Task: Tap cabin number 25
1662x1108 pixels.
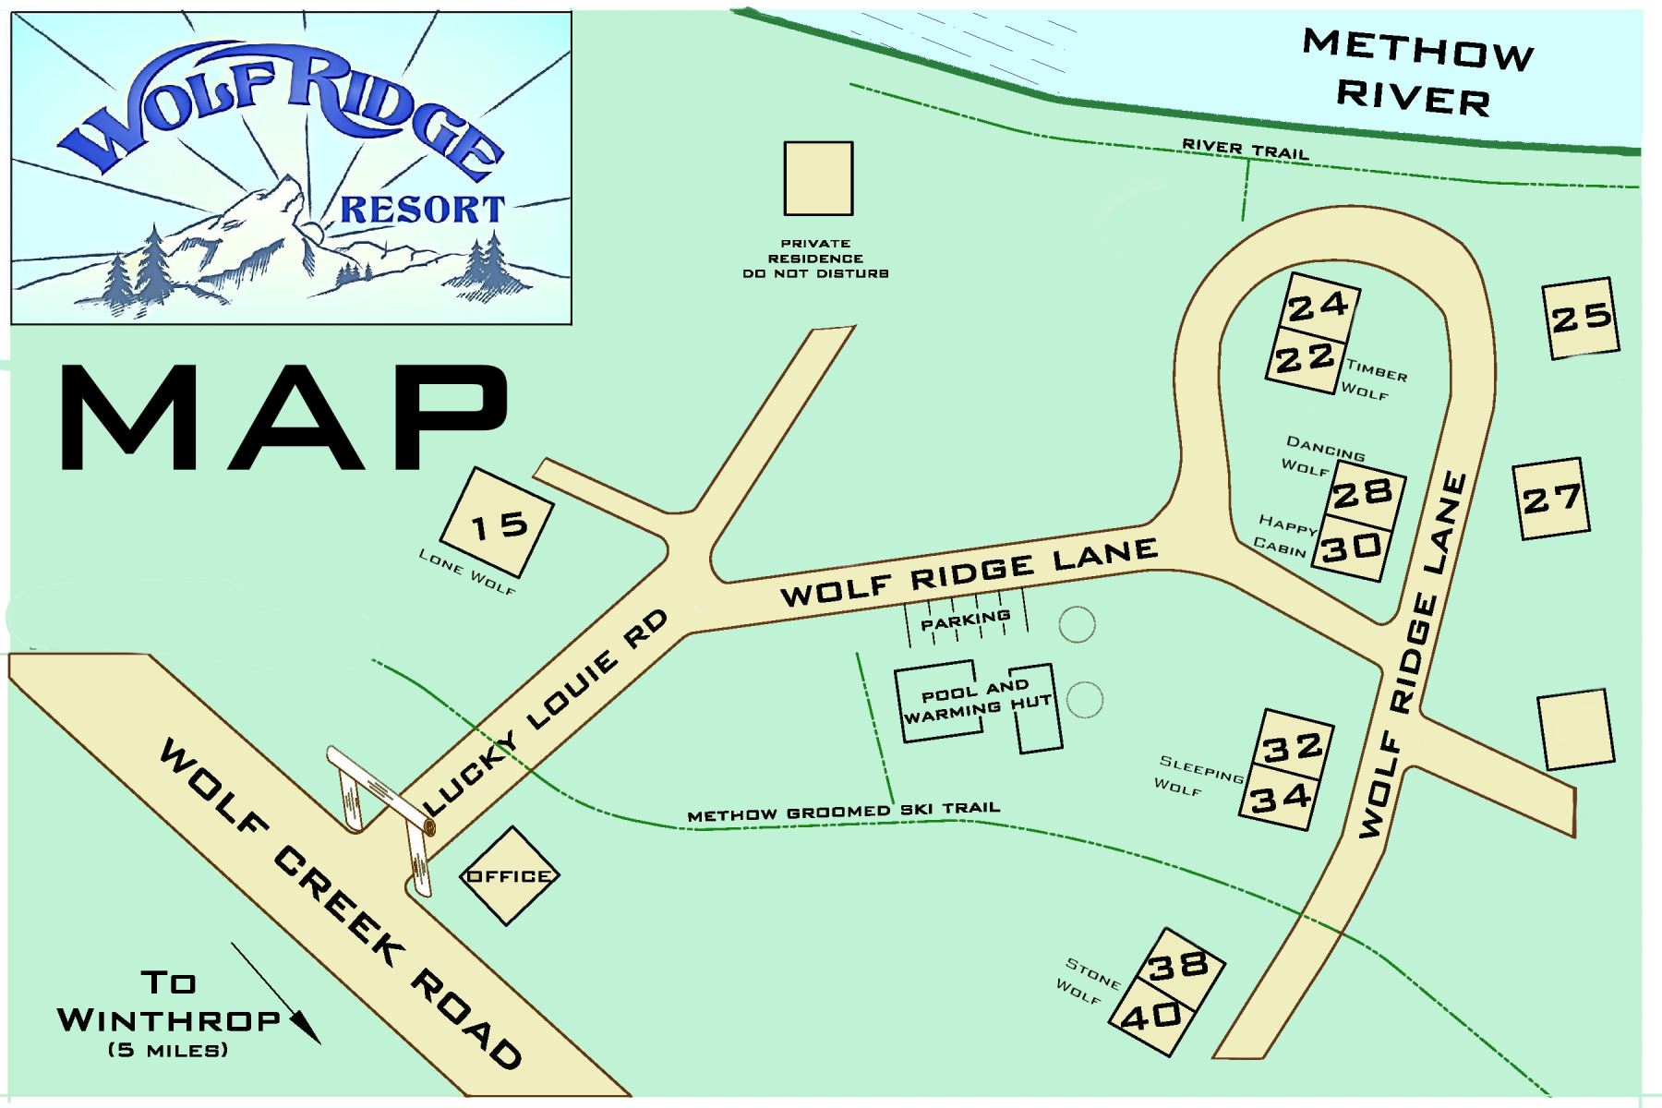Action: click(1582, 319)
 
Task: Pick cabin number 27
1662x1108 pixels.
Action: click(1552, 500)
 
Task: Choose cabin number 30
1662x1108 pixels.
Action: click(1351, 548)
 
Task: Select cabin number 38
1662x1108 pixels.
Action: click(1179, 965)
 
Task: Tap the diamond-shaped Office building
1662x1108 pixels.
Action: click(509, 875)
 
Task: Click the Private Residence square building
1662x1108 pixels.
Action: click(818, 178)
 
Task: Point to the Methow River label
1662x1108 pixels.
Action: click(1416, 72)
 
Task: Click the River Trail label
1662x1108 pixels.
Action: click(1246, 150)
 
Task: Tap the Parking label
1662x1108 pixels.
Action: click(965, 620)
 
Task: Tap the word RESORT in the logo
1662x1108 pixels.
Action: click(423, 209)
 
